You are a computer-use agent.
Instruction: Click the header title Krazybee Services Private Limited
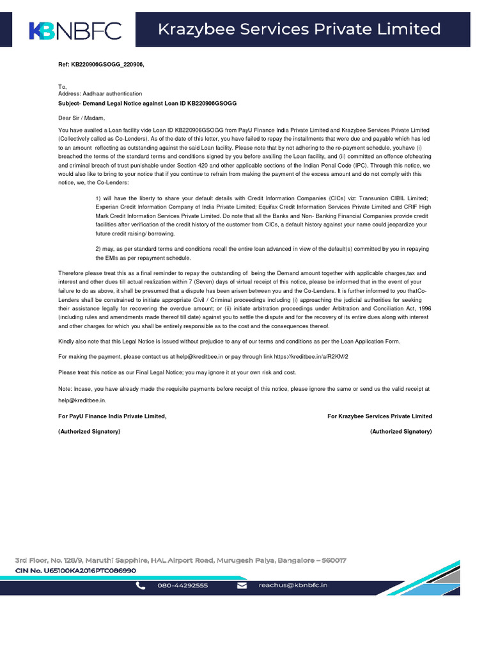coord(299,29)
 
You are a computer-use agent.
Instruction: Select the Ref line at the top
coord(97,65)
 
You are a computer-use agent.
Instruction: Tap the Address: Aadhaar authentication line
coord(100,93)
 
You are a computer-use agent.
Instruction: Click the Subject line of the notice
coord(147,103)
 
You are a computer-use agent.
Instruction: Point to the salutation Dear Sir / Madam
coord(81,118)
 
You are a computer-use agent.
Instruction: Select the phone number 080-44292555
coord(182,585)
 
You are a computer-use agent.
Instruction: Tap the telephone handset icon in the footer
coord(141,585)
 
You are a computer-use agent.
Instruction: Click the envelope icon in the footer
coord(242,585)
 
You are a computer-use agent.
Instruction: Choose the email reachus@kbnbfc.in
coord(293,585)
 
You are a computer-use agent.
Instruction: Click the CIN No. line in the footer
coord(76,570)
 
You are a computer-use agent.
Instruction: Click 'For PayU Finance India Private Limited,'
coord(113,416)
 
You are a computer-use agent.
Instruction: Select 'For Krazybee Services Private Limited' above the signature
coord(379,416)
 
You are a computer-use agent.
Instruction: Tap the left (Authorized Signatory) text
coord(90,432)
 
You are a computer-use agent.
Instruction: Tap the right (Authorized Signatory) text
coord(401,432)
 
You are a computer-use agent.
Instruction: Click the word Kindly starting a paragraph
coord(66,342)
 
